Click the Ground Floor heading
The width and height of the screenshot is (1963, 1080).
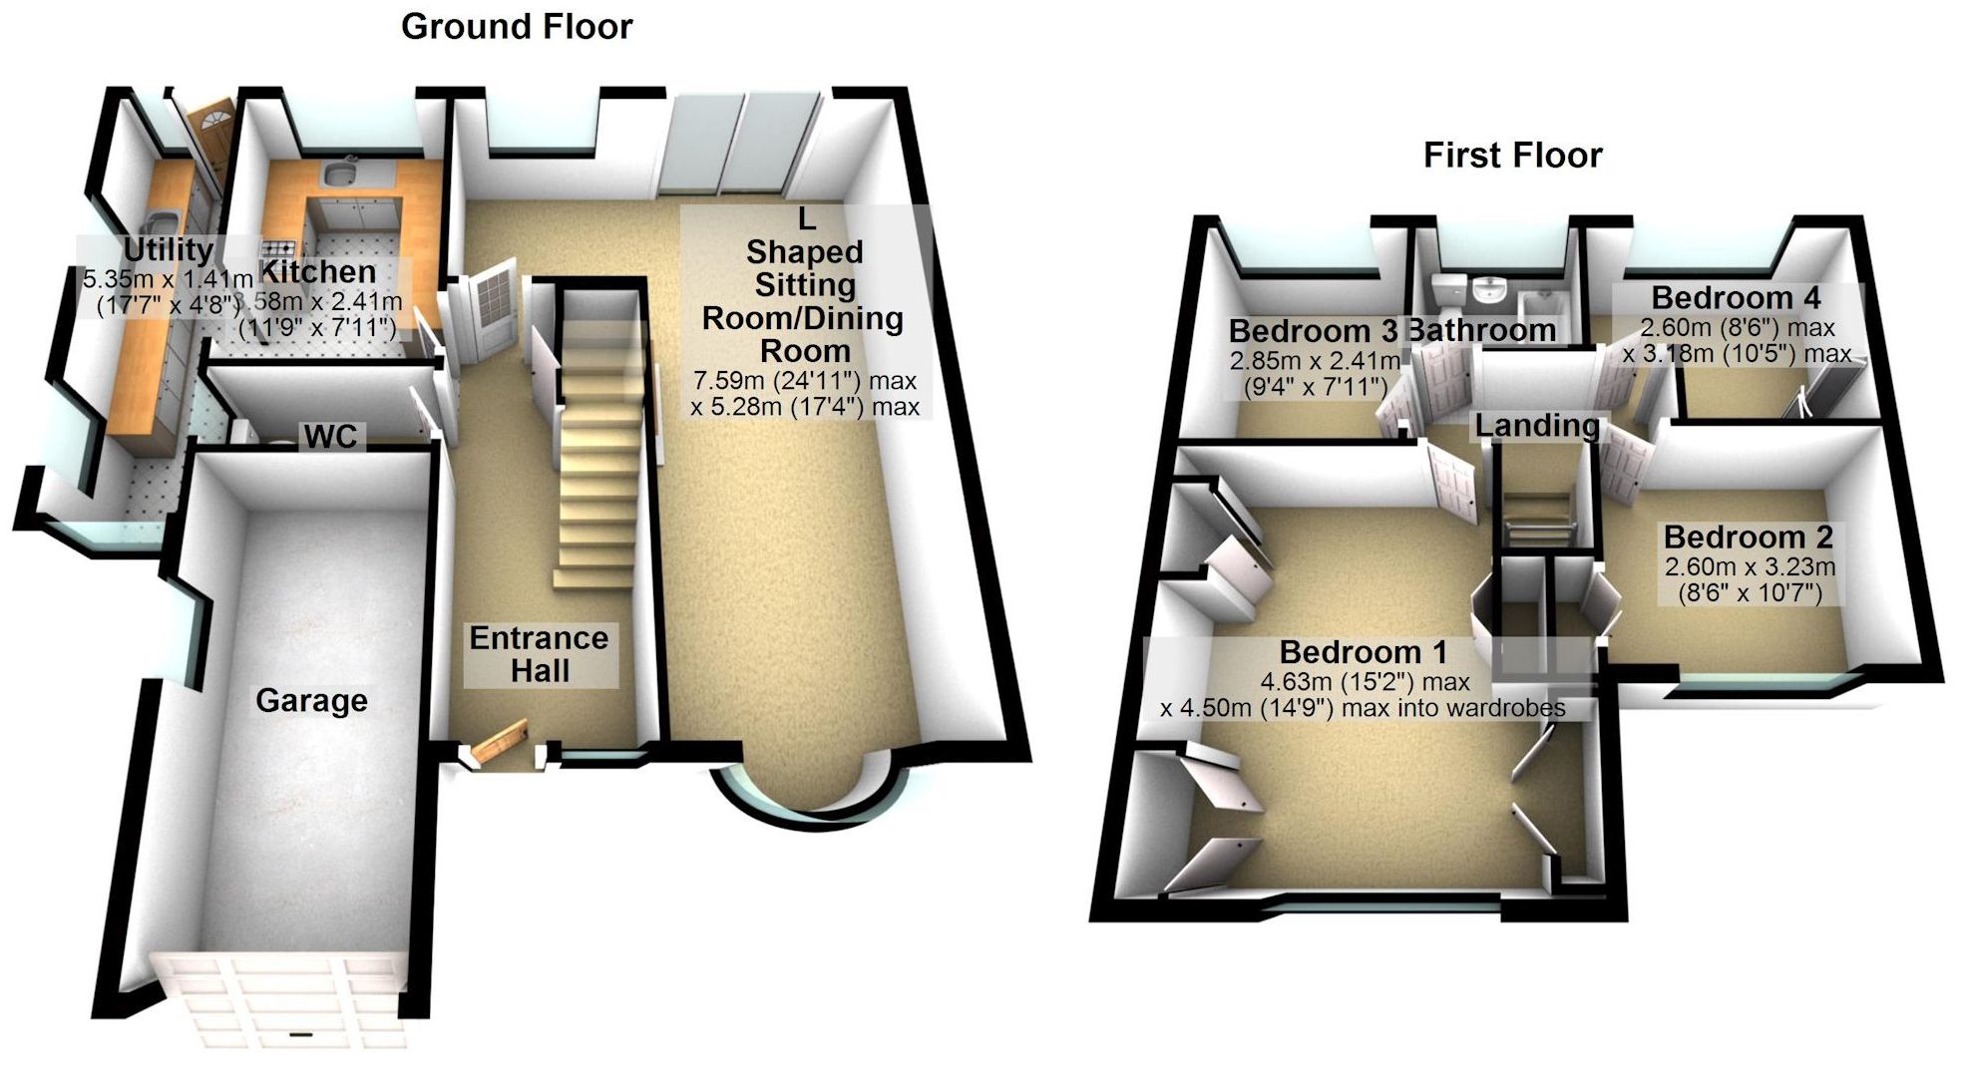point(516,27)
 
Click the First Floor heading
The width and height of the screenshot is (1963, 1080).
point(1512,156)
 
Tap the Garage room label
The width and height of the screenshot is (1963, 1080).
point(311,701)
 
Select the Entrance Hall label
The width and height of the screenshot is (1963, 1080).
point(540,654)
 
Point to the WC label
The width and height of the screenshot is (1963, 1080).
point(330,436)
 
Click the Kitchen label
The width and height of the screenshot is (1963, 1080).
point(318,271)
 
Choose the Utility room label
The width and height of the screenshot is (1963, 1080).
point(168,249)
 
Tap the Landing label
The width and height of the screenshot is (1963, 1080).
point(1537,426)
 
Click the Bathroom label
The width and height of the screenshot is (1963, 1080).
point(1482,330)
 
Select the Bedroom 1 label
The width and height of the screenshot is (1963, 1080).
point(1363,652)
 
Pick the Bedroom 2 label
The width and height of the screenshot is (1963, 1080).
point(1748,537)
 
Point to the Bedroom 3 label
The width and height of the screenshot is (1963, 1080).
point(1313,331)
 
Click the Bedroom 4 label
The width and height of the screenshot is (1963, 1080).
point(1736,297)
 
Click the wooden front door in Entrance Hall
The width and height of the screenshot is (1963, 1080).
point(499,743)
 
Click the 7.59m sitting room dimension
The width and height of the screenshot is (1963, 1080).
point(804,380)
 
